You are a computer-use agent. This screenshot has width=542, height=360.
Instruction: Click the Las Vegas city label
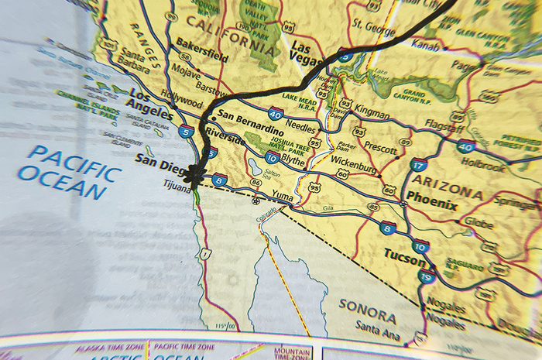coord(304,53)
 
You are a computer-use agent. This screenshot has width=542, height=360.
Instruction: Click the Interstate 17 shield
coord(418,165)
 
